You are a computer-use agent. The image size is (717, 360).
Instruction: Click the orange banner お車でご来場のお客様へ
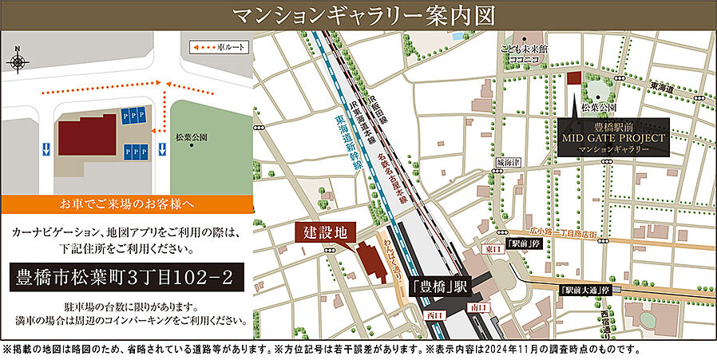(125, 204)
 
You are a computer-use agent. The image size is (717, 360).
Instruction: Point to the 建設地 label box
(327, 233)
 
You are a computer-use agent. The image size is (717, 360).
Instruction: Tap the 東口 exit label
(491, 250)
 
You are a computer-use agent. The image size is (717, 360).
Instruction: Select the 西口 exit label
(436, 316)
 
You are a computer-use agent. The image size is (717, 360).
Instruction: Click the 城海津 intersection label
(507, 162)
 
